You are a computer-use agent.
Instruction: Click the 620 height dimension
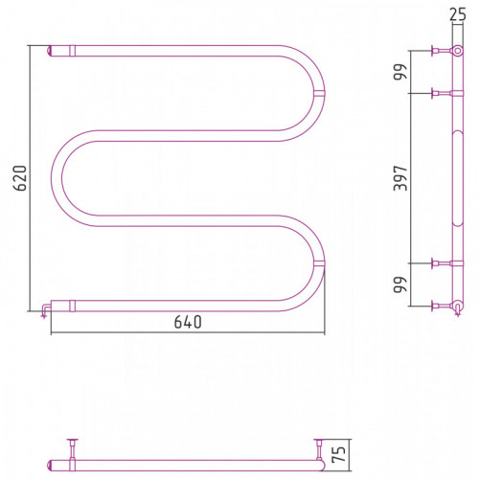tap(21, 178)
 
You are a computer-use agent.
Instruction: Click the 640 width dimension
tap(188, 322)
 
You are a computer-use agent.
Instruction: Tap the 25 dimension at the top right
tap(458, 14)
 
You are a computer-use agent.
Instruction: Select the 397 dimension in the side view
tap(400, 178)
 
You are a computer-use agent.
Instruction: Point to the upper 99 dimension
tap(400, 72)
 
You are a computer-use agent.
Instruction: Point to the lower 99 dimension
tap(400, 285)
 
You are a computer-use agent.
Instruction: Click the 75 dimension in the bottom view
tap(339, 454)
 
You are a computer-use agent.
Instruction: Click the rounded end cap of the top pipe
tap(50, 51)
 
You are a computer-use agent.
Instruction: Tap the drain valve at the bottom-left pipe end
tap(45, 310)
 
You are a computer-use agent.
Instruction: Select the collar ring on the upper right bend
tap(319, 93)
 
